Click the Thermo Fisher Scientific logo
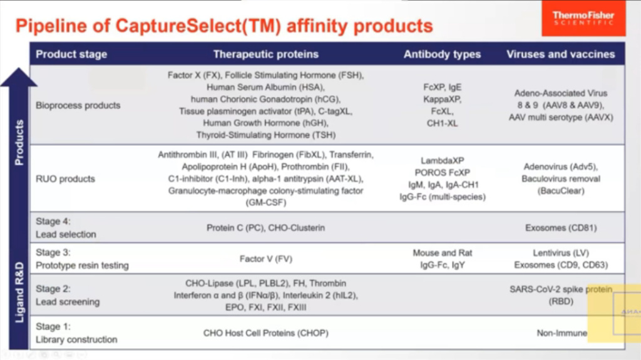(583, 19)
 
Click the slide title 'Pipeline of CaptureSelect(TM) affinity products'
(223, 26)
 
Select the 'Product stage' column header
(71, 54)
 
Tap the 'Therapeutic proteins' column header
(265, 54)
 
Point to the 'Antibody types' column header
(442, 54)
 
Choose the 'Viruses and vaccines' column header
(560, 54)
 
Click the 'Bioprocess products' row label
(78, 105)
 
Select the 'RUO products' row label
(66, 178)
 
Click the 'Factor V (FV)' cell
(265, 259)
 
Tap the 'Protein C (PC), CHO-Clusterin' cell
(265, 228)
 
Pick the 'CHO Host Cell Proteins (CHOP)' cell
(265, 333)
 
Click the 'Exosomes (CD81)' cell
(560, 228)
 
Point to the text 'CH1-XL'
(442, 123)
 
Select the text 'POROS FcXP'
(442, 172)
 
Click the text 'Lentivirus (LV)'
(560, 253)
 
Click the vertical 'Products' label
(19, 142)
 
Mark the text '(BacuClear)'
(560, 191)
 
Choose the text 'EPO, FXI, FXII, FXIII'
(265, 308)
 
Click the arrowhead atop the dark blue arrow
(19, 76)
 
